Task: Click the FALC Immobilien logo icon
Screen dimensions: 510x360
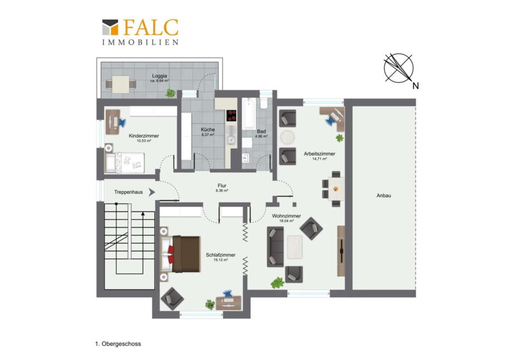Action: tap(110, 27)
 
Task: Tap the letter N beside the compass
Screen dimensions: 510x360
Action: tap(416, 86)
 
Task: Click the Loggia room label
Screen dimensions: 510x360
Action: tap(159, 76)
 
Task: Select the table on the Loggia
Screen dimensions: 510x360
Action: tap(120, 85)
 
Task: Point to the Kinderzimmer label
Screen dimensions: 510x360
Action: tap(144, 136)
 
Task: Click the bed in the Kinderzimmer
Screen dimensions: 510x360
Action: tap(124, 162)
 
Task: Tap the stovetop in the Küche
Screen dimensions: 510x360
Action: tap(231, 115)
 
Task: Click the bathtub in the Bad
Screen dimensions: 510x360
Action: tap(249, 114)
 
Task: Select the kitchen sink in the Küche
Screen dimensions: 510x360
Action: tap(231, 140)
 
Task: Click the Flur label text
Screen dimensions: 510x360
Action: tap(222, 185)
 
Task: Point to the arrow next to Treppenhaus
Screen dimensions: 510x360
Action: tap(152, 192)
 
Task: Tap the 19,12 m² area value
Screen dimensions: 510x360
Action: tap(221, 260)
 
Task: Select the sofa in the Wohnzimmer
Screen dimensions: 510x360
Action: tap(275, 247)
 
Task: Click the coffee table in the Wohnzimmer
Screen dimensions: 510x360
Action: tap(295, 247)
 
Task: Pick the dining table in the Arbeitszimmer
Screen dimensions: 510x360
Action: tap(336, 189)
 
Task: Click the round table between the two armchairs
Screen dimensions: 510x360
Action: tap(288, 137)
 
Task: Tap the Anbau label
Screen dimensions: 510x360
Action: tap(384, 196)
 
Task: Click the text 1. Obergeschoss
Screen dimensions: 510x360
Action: tap(118, 343)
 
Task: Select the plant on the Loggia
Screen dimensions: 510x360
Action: tap(170, 93)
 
